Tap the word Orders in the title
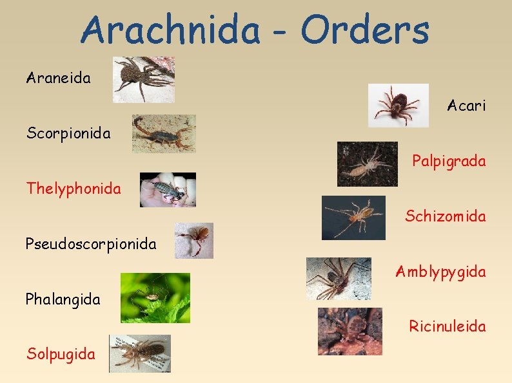pos(364,30)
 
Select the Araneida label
pos(59,79)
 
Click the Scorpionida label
pos(68,134)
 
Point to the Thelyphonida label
pos(74,189)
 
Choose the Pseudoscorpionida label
pos(91,244)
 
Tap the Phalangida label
pos(63,299)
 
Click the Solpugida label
pos(61,353)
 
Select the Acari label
pos(466,106)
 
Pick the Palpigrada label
pos(449,161)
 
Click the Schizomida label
pos(446,216)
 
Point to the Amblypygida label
pos(440,272)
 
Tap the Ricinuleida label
pos(448,326)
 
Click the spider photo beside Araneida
pos(143,79)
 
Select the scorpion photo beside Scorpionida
pos(164,133)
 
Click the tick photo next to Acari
pos(398,105)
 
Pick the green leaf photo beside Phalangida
pos(155,297)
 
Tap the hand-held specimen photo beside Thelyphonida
pos(168,189)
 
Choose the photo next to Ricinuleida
pos(350,331)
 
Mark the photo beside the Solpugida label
pos(139,353)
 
